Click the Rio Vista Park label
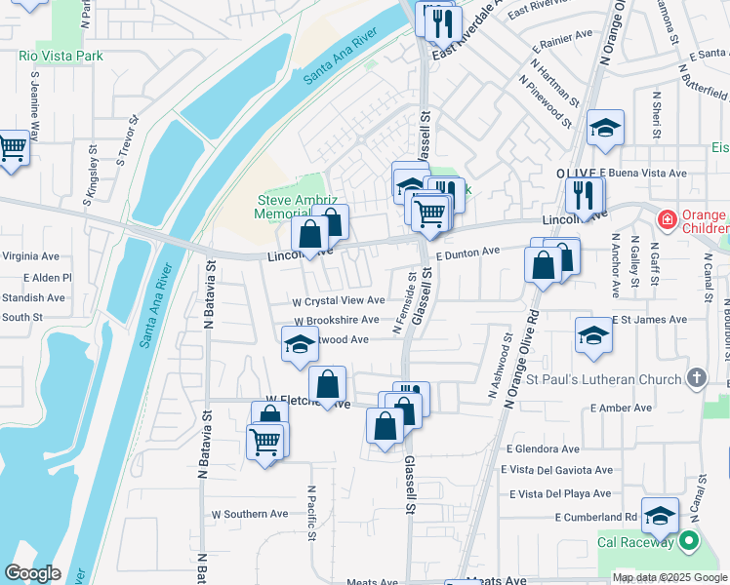(61, 56)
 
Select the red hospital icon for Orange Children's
(667, 220)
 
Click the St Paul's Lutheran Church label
(606, 377)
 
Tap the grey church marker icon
(696, 377)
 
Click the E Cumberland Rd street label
(596, 517)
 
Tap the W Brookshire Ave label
(336, 320)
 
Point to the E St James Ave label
(649, 320)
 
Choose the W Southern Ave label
(250, 514)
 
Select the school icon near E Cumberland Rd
(660, 518)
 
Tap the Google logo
(33, 573)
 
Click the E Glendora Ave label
(543, 449)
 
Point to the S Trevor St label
(127, 139)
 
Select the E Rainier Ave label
(562, 41)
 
